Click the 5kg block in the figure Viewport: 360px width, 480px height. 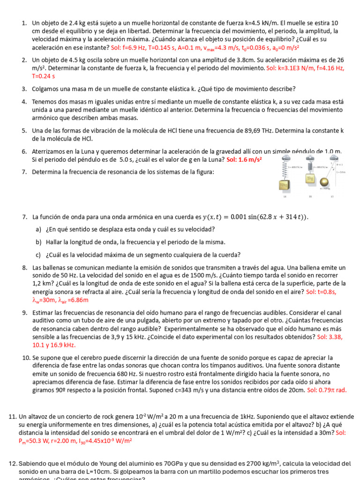point(310,179)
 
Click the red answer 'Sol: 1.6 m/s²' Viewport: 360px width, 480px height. point(244,159)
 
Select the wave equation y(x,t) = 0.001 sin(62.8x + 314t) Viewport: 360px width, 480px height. point(255,217)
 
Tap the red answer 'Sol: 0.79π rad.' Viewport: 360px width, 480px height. point(327,390)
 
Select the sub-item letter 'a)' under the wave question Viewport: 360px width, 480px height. point(38,229)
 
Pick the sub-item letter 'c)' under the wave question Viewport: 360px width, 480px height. point(38,255)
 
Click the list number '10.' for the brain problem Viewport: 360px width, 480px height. point(26,358)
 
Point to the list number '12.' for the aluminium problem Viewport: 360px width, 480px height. point(13,464)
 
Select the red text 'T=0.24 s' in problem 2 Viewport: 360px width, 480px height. point(43,75)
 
